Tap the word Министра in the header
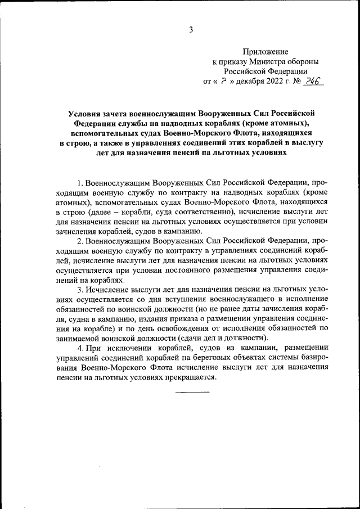point(264,61)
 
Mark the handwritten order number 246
point(311,81)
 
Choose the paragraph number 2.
point(80,241)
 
